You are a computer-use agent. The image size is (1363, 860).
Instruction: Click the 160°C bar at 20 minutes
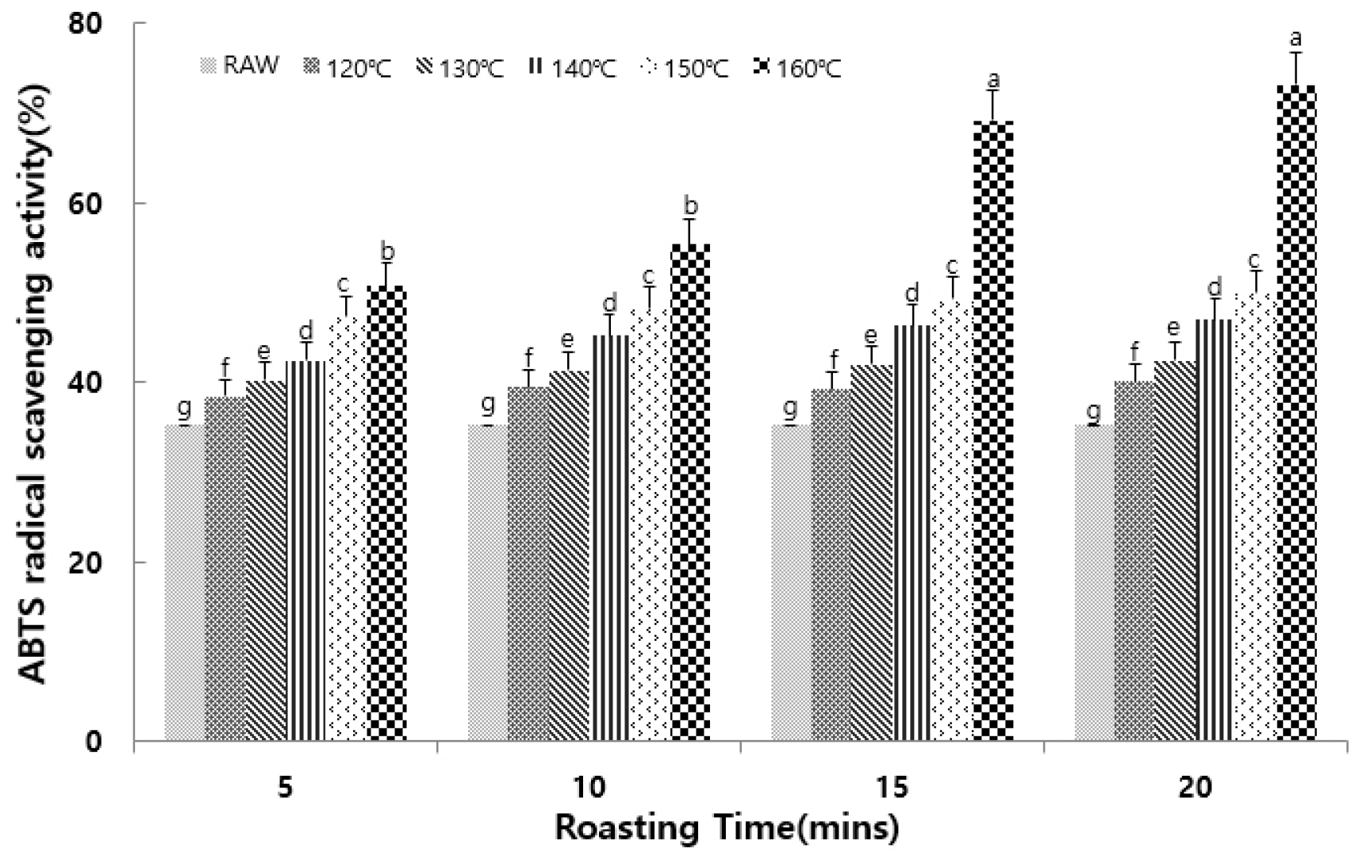[x=1296, y=413]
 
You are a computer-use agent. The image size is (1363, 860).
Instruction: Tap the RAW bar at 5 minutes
[x=184, y=583]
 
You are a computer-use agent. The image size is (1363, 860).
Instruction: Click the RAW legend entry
[x=240, y=66]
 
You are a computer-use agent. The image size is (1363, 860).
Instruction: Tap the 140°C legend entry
[x=572, y=69]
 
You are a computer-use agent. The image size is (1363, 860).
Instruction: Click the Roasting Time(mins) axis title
[x=727, y=827]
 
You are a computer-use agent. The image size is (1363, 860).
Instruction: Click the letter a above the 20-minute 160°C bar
[x=1296, y=37]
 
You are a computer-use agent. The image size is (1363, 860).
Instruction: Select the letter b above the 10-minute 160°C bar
[x=690, y=206]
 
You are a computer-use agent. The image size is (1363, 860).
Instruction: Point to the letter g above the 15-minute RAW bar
[x=790, y=409]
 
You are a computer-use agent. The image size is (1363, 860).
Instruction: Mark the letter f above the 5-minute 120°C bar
[x=225, y=367]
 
